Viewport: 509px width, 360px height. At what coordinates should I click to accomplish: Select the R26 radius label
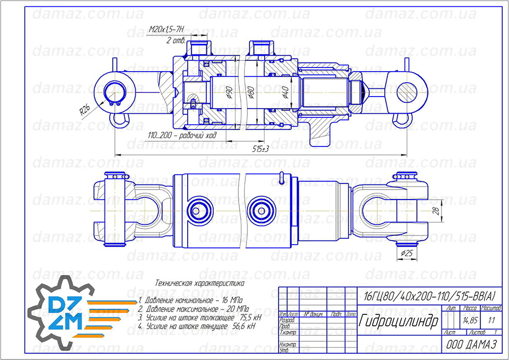click(x=85, y=110)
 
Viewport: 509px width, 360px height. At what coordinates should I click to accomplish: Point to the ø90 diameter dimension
click(x=229, y=93)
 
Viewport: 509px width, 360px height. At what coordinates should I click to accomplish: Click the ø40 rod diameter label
click(x=285, y=92)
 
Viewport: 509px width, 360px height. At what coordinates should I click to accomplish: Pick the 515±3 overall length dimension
click(x=260, y=149)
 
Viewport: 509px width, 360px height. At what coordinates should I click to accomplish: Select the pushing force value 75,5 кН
click(x=250, y=316)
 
